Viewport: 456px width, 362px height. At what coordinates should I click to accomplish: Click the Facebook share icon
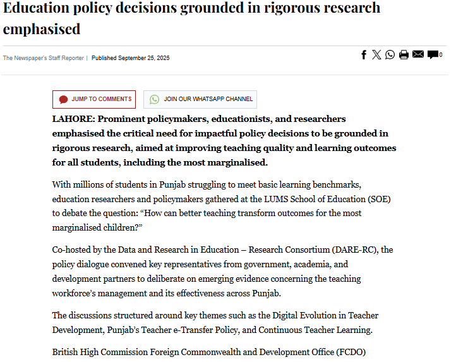click(364, 55)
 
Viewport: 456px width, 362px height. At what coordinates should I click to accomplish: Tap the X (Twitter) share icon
click(376, 55)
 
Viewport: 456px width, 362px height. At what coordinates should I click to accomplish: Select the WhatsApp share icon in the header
click(390, 55)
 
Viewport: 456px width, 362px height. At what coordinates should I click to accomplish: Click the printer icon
click(404, 55)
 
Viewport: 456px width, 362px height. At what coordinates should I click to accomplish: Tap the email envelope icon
click(417, 55)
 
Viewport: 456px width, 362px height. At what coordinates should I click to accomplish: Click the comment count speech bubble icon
click(433, 55)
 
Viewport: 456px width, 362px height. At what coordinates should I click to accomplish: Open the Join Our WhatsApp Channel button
click(200, 99)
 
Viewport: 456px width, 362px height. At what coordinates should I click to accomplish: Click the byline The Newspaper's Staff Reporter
click(43, 58)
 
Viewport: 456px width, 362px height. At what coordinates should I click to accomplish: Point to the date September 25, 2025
click(144, 58)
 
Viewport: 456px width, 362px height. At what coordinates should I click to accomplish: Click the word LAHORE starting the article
click(71, 119)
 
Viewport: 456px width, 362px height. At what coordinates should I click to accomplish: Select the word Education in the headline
click(37, 8)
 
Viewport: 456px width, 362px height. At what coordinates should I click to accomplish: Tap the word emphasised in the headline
click(42, 29)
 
